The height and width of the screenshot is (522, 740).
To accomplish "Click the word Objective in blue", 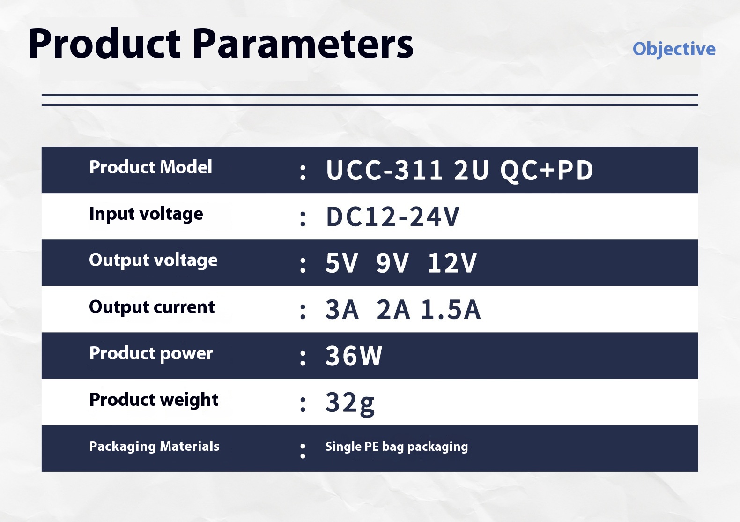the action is tap(674, 50).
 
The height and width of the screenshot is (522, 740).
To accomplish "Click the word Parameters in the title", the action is tap(303, 44).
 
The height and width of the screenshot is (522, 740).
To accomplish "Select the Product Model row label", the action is tap(151, 167).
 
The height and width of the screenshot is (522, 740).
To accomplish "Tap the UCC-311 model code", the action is tap(384, 170).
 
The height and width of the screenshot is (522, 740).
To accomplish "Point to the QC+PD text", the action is tap(547, 171).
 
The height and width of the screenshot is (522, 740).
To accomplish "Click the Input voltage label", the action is tap(146, 214).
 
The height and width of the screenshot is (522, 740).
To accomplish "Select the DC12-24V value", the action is tap(393, 217).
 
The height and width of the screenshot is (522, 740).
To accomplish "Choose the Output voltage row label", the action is tap(153, 261).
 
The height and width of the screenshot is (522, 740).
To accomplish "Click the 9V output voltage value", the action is tap(392, 263).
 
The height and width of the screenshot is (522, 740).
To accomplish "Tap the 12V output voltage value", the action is tap(452, 263).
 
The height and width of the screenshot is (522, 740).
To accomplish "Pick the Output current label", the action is tap(152, 307).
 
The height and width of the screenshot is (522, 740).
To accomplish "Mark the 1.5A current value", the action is tap(451, 310).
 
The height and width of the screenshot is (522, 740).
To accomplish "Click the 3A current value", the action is tap(342, 310).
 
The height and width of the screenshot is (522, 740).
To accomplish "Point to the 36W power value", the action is tap(354, 356).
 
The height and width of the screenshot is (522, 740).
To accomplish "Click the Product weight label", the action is tap(154, 400).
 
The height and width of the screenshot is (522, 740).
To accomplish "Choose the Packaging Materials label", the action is tap(154, 447).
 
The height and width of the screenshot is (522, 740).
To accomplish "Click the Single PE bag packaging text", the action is tap(397, 447).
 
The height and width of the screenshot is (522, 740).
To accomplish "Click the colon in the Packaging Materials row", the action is tap(303, 451).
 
